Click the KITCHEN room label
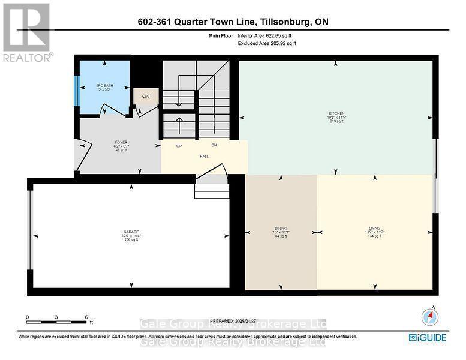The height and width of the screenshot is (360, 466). [336, 113]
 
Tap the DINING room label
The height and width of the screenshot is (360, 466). [281, 229]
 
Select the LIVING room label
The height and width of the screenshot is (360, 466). [375, 229]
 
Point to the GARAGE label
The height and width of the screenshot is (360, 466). [132, 232]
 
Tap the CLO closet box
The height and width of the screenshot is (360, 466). [146, 97]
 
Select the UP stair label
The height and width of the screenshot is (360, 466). [179, 146]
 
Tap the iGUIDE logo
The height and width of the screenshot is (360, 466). [428, 338]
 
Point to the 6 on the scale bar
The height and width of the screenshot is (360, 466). [86, 317]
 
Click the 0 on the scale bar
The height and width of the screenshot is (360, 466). [28, 317]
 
